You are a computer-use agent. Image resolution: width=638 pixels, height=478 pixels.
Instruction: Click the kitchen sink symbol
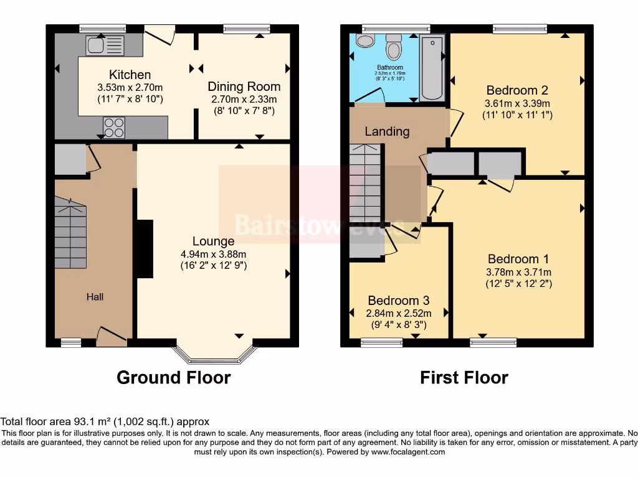(106, 45)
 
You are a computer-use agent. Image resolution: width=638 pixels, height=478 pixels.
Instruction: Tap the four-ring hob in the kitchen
(113, 127)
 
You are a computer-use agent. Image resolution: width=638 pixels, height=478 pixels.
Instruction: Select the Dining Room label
(244, 87)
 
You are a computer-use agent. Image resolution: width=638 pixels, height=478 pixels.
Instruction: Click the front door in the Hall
(111, 337)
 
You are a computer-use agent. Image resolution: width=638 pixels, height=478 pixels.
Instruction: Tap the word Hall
(95, 297)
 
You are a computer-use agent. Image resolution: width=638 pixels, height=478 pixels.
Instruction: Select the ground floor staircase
(70, 233)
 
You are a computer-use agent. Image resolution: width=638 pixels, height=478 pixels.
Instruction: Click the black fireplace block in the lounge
(144, 248)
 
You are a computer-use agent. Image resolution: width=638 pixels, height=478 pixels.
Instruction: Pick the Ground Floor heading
(173, 377)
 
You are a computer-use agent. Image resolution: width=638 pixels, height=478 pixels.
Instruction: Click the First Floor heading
(464, 377)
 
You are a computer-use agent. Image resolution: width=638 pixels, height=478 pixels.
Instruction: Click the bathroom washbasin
(364, 40)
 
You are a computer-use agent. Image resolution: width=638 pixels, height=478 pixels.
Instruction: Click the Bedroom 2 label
(517, 89)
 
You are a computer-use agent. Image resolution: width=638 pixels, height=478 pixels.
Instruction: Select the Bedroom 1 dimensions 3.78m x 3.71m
(519, 272)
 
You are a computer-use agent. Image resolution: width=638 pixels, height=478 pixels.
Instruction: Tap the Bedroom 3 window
(382, 342)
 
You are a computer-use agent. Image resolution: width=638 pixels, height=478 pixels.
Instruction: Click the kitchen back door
(160, 34)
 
